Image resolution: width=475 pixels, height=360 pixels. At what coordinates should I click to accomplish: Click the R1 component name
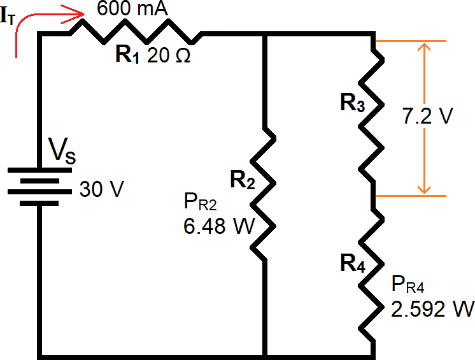(128, 55)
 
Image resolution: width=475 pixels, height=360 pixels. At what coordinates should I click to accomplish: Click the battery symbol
(39, 186)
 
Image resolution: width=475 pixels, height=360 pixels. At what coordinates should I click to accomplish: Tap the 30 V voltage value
(99, 189)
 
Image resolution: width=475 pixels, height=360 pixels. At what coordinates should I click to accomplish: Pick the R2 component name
(243, 181)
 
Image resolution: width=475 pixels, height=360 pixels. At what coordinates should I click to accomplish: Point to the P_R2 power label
(200, 204)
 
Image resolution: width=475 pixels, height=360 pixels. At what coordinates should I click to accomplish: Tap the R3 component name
(352, 103)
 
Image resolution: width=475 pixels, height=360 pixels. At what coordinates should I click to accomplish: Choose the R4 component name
(352, 264)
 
